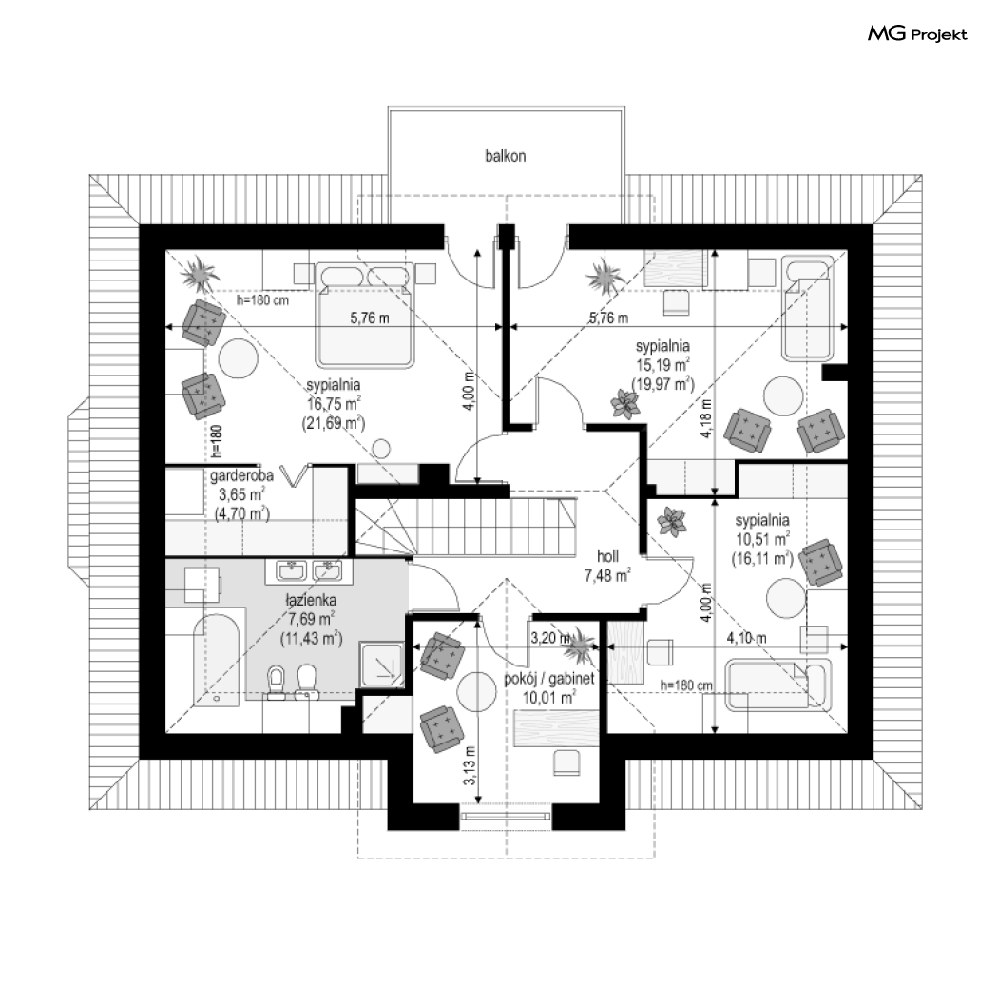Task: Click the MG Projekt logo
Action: (917, 34)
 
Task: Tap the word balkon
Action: (505, 156)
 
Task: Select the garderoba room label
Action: (241, 476)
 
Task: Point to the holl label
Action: (607, 556)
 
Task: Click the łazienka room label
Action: (311, 600)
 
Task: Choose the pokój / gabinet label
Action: (549, 678)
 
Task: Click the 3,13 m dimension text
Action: (470, 765)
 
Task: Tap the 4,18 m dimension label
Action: (706, 418)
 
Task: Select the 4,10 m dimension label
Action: (746, 638)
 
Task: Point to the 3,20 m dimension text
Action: (549, 638)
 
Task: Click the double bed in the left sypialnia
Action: (365, 315)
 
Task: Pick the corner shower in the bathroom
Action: (382, 661)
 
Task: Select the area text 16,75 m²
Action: (333, 404)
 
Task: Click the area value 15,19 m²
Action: (662, 365)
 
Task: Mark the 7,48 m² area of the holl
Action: (607, 576)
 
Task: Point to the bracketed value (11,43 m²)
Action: (312, 638)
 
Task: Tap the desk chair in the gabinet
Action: (566, 763)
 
